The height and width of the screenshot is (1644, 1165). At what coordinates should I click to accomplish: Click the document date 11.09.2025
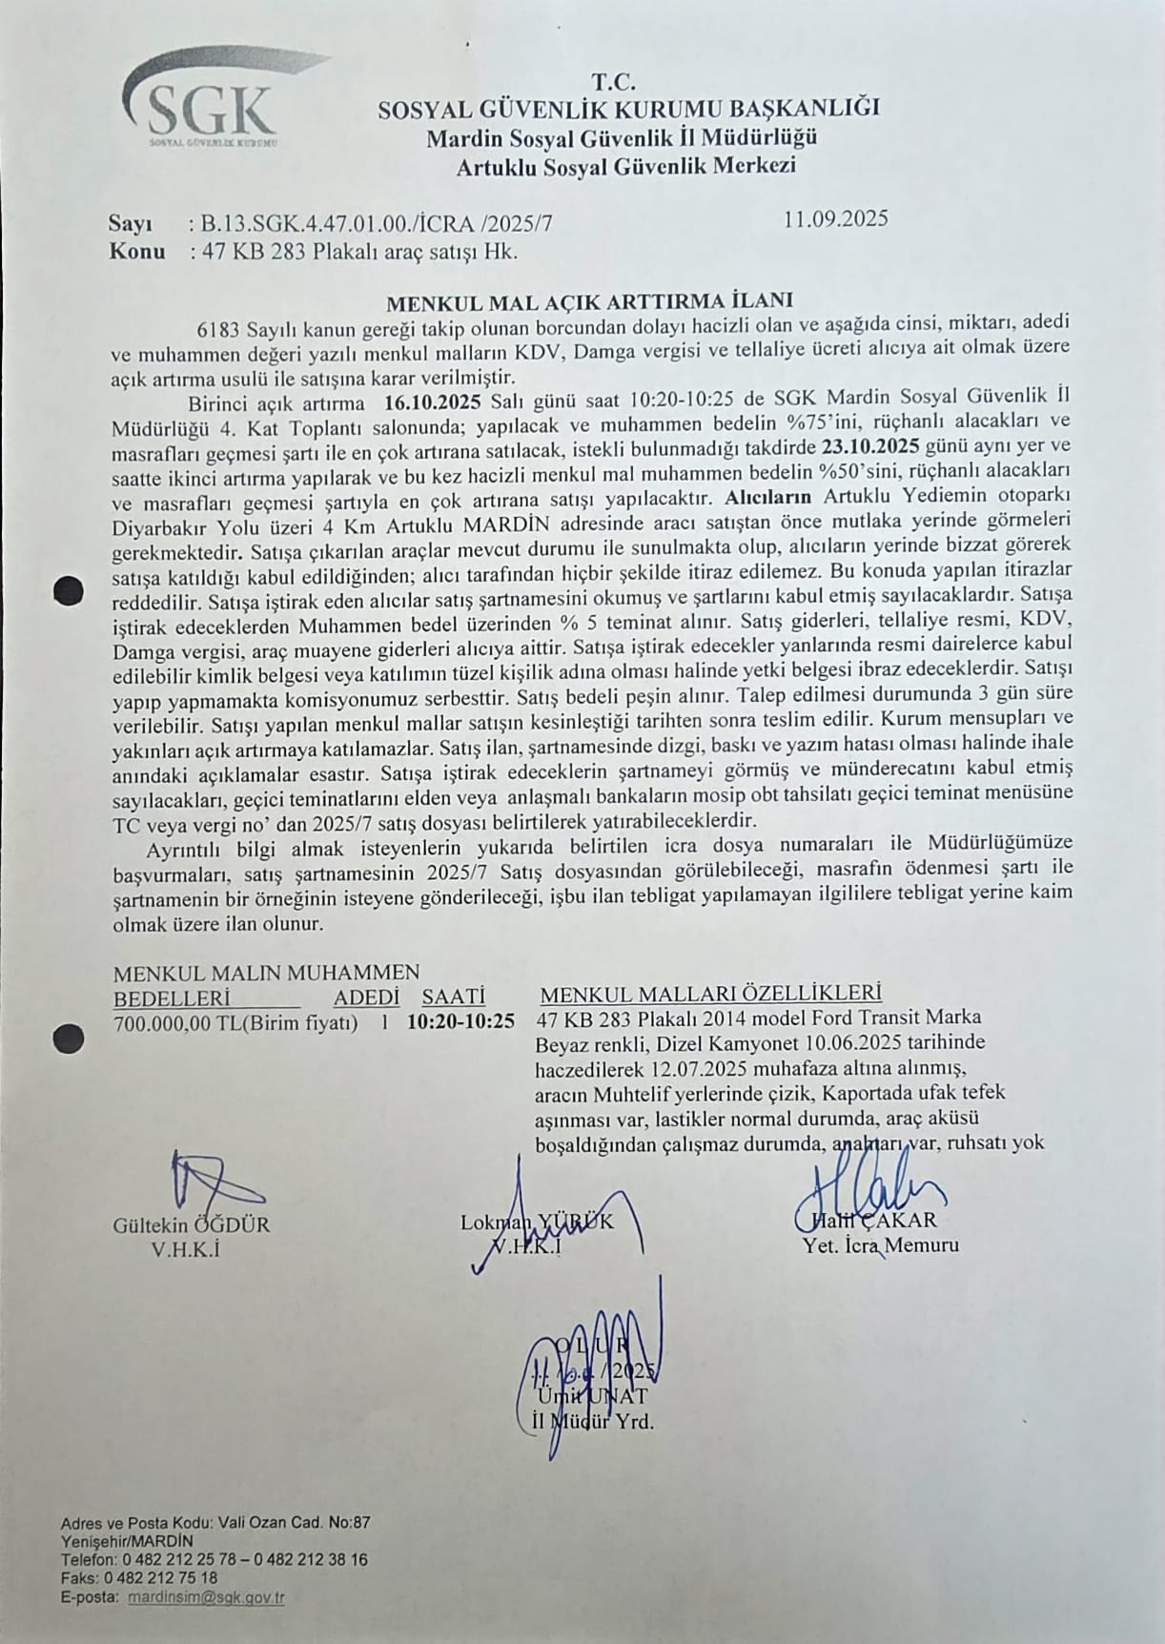(836, 218)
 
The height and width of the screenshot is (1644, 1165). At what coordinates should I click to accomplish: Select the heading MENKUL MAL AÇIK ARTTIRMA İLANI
(589, 303)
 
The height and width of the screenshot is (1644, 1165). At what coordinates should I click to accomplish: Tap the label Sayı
(131, 224)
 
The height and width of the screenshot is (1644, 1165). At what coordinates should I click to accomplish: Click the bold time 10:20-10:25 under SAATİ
(460, 1022)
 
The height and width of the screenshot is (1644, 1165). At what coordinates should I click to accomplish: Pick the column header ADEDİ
(365, 997)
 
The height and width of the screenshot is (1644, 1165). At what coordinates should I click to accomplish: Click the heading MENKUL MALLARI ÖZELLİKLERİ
(710, 993)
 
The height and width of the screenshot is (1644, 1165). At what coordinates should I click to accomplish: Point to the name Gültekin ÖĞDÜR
(191, 1225)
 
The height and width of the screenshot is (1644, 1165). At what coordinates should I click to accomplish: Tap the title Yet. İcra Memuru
(882, 1244)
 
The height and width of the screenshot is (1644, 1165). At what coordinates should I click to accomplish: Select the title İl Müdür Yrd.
(592, 1421)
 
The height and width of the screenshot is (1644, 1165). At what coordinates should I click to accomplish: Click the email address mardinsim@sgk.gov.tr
(206, 1598)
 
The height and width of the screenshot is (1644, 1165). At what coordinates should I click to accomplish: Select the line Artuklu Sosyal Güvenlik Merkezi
(625, 167)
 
